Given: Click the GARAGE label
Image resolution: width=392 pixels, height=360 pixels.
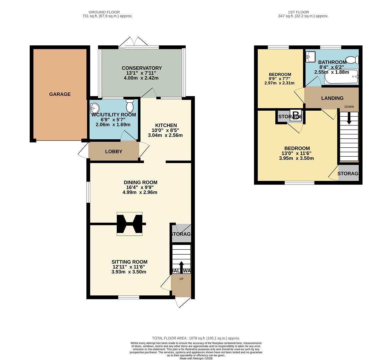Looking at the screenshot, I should pyautogui.click(x=60, y=94).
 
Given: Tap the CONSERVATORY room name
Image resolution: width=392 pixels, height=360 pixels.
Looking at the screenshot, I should pyautogui.click(x=142, y=68).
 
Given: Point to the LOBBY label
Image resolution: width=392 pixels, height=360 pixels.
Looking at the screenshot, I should pyautogui.click(x=114, y=151).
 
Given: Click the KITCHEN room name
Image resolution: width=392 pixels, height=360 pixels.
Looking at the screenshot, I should pyautogui.click(x=166, y=125).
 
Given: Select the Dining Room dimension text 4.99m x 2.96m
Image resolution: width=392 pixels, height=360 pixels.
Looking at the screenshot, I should pyautogui.click(x=140, y=192).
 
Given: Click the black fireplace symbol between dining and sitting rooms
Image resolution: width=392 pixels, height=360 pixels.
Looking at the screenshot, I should pyautogui.click(x=130, y=224).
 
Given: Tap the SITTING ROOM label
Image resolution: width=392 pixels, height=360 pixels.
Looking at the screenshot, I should pyautogui.click(x=129, y=262).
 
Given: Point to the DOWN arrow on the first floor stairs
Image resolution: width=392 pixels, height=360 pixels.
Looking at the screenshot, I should pyautogui.click(x=349, y=118).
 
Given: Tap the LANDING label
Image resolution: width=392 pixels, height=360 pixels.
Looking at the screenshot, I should pyautogui.click(x=332, y=98).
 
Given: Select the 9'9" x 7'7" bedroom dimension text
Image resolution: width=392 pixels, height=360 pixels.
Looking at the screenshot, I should pyautogui.click(x=280, y=79).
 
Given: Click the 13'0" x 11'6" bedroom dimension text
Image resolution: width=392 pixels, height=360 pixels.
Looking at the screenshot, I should pyautogui.click(x=296, y=153).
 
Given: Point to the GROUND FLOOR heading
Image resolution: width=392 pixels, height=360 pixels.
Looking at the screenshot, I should pyautogui.click(x=104, y=12).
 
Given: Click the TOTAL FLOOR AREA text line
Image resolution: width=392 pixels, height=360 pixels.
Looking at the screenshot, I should pyautogui.click(x=196, y=338).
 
